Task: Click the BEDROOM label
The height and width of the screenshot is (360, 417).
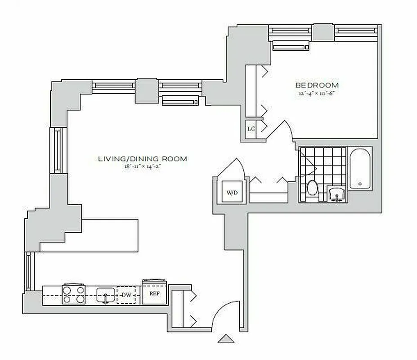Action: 317,85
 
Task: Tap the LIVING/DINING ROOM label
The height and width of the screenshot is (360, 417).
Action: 143,158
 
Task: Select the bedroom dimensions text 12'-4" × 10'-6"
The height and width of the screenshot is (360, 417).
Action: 317,94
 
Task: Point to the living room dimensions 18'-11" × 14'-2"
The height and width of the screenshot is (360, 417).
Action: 143,166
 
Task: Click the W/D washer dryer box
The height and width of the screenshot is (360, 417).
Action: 232,193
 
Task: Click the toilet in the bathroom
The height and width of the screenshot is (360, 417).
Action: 312,187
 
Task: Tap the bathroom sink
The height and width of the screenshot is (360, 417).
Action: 336,194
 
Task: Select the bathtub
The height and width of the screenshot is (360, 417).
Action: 360,169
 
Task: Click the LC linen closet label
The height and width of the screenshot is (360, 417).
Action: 251,129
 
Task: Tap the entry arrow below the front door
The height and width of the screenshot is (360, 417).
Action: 225,339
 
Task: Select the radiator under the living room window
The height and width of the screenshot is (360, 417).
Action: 181,100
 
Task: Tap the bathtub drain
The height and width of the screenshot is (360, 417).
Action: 360,184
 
